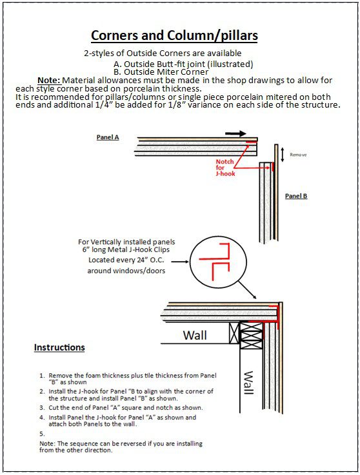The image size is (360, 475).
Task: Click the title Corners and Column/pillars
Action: coord(174,36)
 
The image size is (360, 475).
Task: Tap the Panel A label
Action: coord(108,137)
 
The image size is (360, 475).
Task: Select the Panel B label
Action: coord(296,196)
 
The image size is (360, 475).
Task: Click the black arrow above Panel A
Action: coord(235,133)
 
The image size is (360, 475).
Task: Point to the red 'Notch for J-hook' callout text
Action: coord(225,168)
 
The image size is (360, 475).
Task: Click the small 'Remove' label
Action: coord(298,155)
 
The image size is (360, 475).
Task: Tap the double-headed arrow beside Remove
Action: coord(283,155)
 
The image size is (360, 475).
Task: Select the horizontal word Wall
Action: coord(195,335)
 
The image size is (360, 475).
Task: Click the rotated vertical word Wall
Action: coord(248,383)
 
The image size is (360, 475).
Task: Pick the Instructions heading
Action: coord(59,347)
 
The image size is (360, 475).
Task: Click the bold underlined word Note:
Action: coord(49,81)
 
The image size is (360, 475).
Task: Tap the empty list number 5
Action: coord(42,434)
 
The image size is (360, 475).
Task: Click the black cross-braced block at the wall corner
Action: coord(252,335)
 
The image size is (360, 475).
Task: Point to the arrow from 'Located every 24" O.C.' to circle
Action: coord(180,261)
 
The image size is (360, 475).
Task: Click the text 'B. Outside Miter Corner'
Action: coord(161,72)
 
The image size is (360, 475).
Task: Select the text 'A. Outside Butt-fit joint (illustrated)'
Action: coord(183,64)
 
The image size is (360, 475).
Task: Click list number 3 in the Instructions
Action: coord(42,408)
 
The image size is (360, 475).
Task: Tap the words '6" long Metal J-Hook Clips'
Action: coord(126,249)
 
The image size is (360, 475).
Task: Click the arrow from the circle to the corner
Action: coord(247,290)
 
